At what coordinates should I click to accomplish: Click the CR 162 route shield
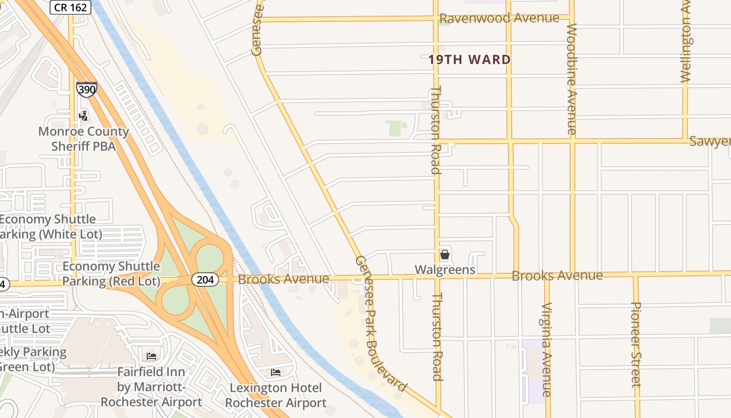(x=71, y=7)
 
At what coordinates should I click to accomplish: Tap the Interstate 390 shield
(x=86, y=89)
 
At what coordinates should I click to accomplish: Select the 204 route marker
(x=205, y=280)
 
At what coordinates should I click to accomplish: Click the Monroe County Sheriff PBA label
(x=84, y=138)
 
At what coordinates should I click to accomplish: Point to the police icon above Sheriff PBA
(x=83, y=115)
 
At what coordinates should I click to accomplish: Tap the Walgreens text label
(x=445, y=270)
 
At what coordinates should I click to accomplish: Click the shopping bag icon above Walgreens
(x=445, y=254)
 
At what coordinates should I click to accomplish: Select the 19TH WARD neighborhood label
(x=469, y=60)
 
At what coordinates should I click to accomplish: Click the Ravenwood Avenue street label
(x=499, y=18)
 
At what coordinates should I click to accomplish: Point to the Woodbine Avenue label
(x=572, y=79)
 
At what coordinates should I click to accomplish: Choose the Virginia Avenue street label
(x=547, y=349)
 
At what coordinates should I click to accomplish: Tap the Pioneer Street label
(x=635, y=344)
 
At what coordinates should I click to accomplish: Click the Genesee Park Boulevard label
(x=380, y=323)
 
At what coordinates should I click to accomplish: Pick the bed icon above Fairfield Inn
(x=151, y=356)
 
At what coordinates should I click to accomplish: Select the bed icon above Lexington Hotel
(x=276, y=372)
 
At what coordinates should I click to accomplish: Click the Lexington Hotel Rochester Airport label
(x=276, y=396)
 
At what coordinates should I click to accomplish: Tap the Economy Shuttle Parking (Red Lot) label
(x=111, y=274)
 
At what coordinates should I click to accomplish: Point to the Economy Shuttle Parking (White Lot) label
(x=50, y=227)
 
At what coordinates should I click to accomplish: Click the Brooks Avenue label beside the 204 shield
(x=284, y=279)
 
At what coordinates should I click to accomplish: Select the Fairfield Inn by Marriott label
(x=151, y=387)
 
